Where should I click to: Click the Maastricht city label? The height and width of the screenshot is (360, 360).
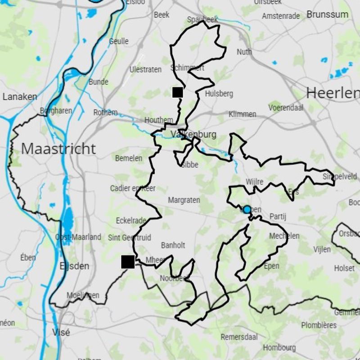coord(58,149)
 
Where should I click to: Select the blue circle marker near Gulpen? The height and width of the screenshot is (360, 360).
coord(247,209)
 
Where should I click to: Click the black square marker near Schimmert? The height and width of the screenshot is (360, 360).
coord(178,92)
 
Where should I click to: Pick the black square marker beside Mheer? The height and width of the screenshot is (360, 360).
coord(128,261)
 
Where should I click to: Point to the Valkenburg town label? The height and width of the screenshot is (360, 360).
coord(193,135)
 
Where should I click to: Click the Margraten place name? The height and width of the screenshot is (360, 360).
coord(184,200)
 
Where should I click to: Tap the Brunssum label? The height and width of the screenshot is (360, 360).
coord(327,14)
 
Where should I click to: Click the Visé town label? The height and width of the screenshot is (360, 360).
coord(61,333)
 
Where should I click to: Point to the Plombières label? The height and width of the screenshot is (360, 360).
coord(319,325)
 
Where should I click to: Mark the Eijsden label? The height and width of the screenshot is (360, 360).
coord(74,266)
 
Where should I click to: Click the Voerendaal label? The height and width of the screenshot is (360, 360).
coord(286,108)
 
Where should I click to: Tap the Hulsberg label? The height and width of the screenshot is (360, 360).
coord(219,94)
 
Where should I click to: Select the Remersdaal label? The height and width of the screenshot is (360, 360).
coord(238,337)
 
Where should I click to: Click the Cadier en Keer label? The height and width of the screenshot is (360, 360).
coord(133,189)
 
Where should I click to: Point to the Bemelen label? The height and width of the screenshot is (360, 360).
coord(129,158)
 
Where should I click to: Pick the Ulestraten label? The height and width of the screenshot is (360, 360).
coord(145,70)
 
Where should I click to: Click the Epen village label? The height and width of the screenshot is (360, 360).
coord(271,266)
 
